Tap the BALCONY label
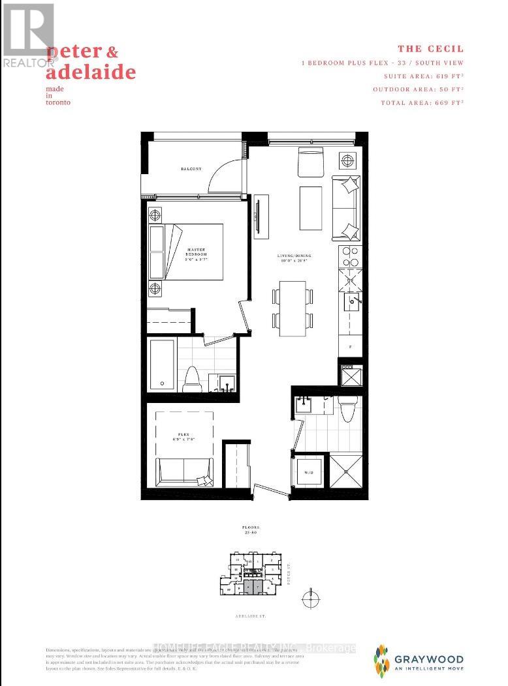pos(191,169)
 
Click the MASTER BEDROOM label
pos(197,252)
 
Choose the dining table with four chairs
pos(293,308)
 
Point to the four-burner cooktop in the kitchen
pos(349,255)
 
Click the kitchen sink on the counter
pos(353,301)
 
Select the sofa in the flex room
pos(184,470)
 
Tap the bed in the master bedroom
pos(194,251)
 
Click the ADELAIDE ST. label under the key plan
pos(255,615)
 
